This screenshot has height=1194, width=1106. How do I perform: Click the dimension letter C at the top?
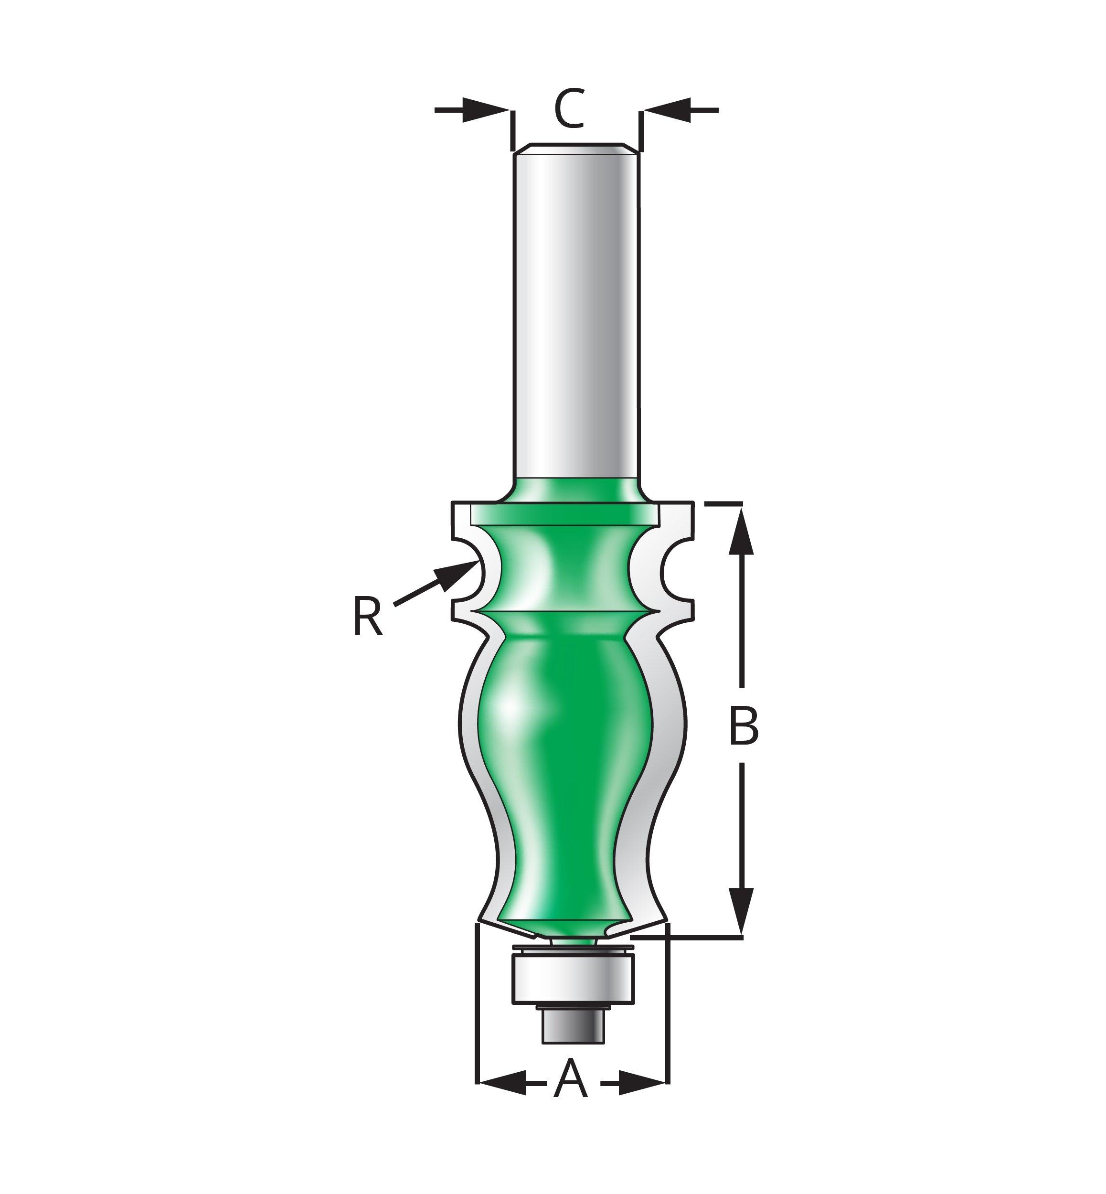tap(569, 108)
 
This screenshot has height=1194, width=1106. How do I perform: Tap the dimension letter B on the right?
tap(744, 725)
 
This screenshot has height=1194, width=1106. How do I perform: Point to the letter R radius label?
tap(367, 617)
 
